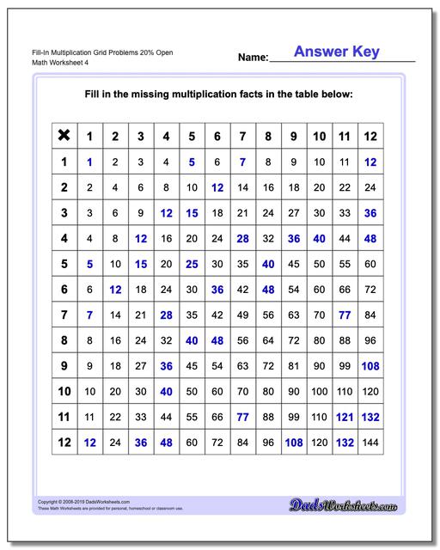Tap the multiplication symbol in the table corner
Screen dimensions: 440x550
64,135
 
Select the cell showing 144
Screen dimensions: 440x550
370,443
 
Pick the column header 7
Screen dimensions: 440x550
243,135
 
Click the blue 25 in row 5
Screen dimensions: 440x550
192,263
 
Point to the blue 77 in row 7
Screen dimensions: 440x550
345,315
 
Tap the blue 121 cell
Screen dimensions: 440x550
345,417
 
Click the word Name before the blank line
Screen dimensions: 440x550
253,58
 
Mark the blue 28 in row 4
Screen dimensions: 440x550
243,237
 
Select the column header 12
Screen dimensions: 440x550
370,135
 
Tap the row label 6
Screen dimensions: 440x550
64,289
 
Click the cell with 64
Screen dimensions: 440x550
268,340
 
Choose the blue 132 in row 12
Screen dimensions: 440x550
345,443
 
